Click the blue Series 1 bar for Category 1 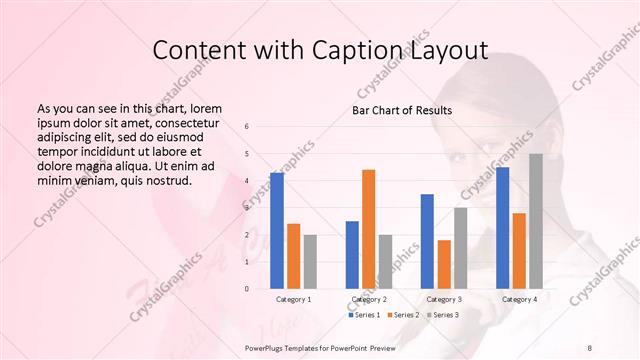click(277, 231)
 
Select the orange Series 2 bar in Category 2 click(368, 229)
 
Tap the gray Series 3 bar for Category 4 click(536, 221)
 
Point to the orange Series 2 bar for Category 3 click(444, 264)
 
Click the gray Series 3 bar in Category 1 click(310, 261)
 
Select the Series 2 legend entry click(404, 315)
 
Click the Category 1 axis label click(294, 299)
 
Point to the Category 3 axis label click(444, 299)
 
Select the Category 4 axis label click(519, 299)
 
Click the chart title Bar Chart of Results click(402, 109)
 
